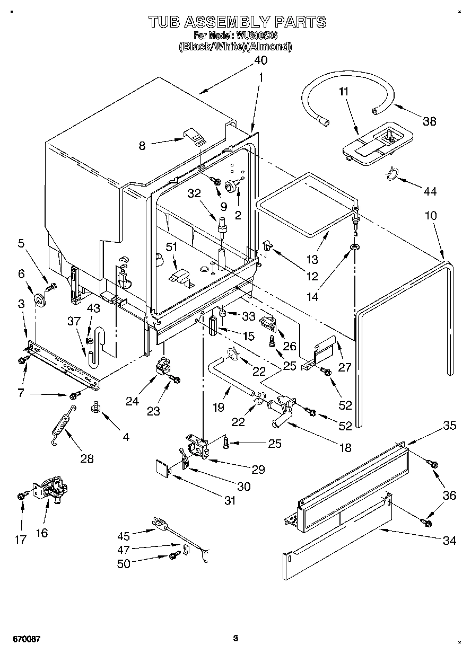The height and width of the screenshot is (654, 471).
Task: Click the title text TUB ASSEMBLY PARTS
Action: tap(237, 22)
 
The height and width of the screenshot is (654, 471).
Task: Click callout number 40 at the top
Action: tap(260, 60)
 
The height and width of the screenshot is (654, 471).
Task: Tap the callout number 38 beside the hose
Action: tap(429, 121)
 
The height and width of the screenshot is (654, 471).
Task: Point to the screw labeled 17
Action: tap(21, 495)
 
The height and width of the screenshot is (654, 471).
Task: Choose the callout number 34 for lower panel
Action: tap(449, 541)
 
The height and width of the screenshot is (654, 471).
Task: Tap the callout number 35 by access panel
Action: tap(450, 425)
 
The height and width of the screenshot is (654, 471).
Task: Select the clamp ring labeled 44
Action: tap(392, 174)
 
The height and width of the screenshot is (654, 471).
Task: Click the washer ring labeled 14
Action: tap(353, 247)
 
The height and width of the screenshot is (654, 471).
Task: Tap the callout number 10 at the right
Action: tap(431, 216)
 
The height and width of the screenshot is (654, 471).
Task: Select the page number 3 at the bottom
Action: tap(235, 639)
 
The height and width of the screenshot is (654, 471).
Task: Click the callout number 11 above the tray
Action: tap(344, 91)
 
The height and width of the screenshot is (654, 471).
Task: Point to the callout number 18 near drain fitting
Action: tap(345, 448)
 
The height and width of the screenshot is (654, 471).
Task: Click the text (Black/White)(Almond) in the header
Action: tap(235, 47)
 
